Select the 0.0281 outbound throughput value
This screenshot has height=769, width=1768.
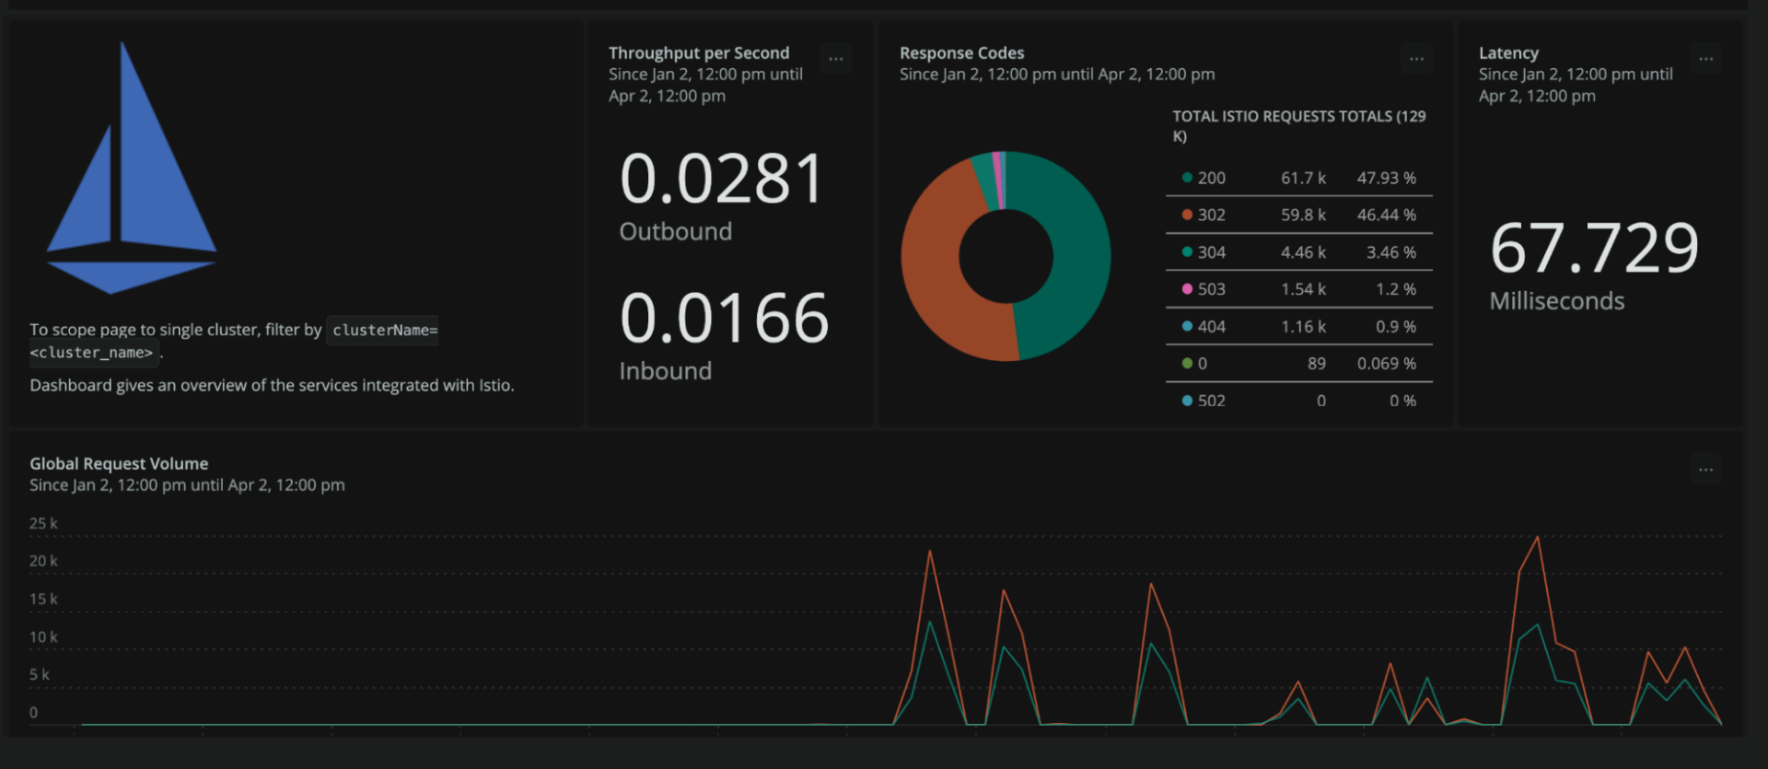[x=722, y=179]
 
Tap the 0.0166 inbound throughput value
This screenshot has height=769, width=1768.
[x=724, y=319]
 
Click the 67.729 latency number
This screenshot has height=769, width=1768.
[x=1594, y=249]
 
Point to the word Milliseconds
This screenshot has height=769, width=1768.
[x=1556, y=301]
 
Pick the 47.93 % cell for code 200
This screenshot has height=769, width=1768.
[x=1386, y=178]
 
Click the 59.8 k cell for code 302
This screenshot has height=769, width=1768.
[x=1303, y=215]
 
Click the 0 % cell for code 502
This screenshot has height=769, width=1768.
[x=1402, y=401]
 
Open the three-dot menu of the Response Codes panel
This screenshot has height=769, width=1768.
[x=1416, y=59]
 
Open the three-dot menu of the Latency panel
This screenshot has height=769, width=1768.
[x=1705, y=59]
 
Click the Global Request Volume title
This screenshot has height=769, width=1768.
[x=119, y=463]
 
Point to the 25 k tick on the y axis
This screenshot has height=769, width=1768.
[x=43, y=524]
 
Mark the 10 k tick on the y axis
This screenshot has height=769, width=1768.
[x=43, y=637]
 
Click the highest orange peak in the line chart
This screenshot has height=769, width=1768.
[x=1537, y=538]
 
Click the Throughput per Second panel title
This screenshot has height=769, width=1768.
[x=698, y=52]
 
